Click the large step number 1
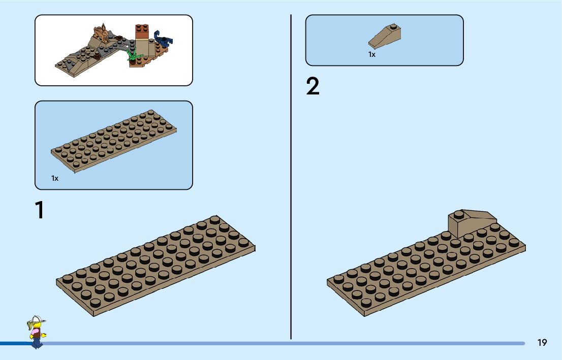[39, 210]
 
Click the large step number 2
[313, 87]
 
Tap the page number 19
[542, 343]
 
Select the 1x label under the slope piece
[372, 54]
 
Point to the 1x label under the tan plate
[55, 178]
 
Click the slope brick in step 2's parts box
[385, 35]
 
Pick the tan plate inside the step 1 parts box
[114, 140]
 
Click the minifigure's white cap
[36, 320]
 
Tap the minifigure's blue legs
[37, 343]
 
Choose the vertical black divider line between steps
[291, 178]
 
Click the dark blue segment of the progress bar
[15, 344]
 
